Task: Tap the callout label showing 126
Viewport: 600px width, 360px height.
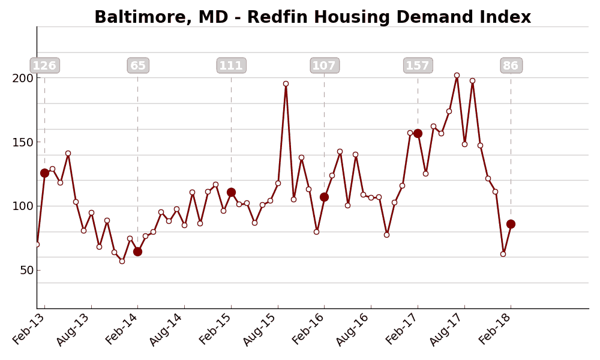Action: (x=44, y=65)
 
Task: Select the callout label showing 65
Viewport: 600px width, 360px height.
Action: (x=138, y=65)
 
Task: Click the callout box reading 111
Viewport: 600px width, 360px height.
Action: (x=231, y=65)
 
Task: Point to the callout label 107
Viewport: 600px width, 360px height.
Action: (x=325, y=65)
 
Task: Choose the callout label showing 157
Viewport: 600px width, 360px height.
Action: (x=418, y=65)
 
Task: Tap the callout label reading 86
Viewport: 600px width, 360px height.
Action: (x=511, y=65)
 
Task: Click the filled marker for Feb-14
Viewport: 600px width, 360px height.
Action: (x=137, y=251)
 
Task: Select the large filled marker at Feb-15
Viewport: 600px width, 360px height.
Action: (x=231, y=193)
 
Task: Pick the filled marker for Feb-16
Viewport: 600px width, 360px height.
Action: (x=324, y=197)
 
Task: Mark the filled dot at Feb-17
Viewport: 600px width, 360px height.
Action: (x=418, y=133)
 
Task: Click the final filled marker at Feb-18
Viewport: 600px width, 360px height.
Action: (x=511, y=224)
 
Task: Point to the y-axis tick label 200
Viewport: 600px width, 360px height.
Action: (x=23, y=78)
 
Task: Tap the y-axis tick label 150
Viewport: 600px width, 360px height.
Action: (x=23, y=142)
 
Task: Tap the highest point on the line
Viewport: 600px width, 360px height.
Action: (x=457, y=76)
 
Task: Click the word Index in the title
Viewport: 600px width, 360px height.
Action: (x=506, y=17)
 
